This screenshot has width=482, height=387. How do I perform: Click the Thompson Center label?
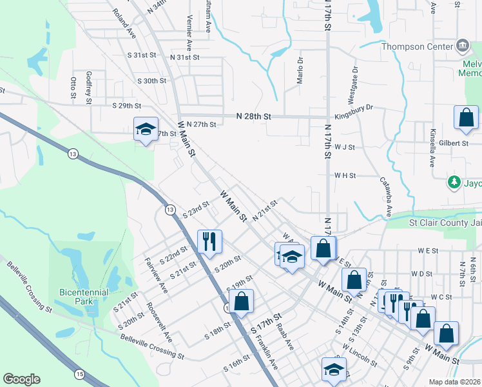tap(421, 46)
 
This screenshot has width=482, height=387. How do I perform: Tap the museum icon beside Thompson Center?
tap(462, 46)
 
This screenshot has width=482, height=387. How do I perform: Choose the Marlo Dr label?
tap(300, 70)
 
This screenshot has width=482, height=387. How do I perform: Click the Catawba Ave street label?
tap(389, 196)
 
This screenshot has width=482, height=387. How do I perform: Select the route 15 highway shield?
tap(79, 374)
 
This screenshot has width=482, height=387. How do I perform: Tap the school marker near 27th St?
tap(146, 129)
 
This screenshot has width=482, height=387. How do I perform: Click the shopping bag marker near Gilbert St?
tap(465, 117)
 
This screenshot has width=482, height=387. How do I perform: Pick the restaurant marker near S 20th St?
tap(209, 242)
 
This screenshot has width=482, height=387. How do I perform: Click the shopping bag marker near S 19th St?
tap(241, 301)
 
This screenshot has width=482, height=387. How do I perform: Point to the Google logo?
tap(22, 379)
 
